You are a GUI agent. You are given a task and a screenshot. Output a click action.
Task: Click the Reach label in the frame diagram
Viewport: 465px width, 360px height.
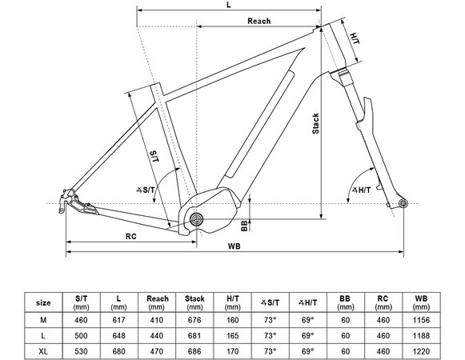click(259, 21)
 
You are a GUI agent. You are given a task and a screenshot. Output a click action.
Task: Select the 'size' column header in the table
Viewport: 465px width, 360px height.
click(44, 303)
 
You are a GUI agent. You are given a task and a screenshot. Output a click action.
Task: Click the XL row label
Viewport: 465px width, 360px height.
click(44, 350)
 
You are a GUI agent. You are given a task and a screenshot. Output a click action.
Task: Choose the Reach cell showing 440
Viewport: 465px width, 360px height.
click(157, 334)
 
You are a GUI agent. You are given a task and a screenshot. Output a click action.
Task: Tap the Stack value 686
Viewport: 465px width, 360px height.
click(194, 350)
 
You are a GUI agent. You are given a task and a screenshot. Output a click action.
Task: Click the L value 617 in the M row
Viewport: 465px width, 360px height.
click(119, 320)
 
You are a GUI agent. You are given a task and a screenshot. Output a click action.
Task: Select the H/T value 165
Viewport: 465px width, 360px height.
click(232, 334)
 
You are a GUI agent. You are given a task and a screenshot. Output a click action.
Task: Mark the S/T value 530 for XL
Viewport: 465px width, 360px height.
click(82, 350)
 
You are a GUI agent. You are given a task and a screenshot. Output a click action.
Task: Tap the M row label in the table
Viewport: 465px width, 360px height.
click(44, 320)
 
